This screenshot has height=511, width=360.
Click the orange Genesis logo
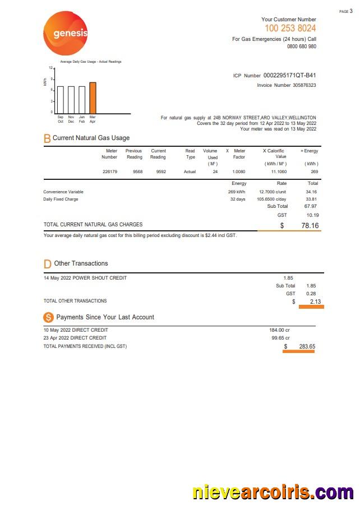click(66, 34)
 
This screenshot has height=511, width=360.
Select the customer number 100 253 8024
click(290, 28)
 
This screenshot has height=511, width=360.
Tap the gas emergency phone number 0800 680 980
click(301, 47)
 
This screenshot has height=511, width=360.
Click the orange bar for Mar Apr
click(93, 97)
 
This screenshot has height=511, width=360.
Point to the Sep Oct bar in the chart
click(61, 100)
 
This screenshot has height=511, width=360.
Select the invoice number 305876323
click(304, 85)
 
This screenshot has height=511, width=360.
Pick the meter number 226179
click(110, 171)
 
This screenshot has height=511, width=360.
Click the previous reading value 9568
click(137, 171)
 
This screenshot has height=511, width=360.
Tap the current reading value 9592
click(161, 171)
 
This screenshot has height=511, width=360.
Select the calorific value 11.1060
click(279, 171)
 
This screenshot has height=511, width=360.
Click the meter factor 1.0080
click(239, 171)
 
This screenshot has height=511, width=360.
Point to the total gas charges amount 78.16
click(310, 225)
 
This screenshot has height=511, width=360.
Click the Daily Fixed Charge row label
click(61, 199)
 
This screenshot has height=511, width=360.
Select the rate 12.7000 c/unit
click(273, 192)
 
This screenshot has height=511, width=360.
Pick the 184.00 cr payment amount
click(279, 330)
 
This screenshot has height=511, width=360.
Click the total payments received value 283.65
click(307, 346)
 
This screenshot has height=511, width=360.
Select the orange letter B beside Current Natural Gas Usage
click(47, 138)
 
